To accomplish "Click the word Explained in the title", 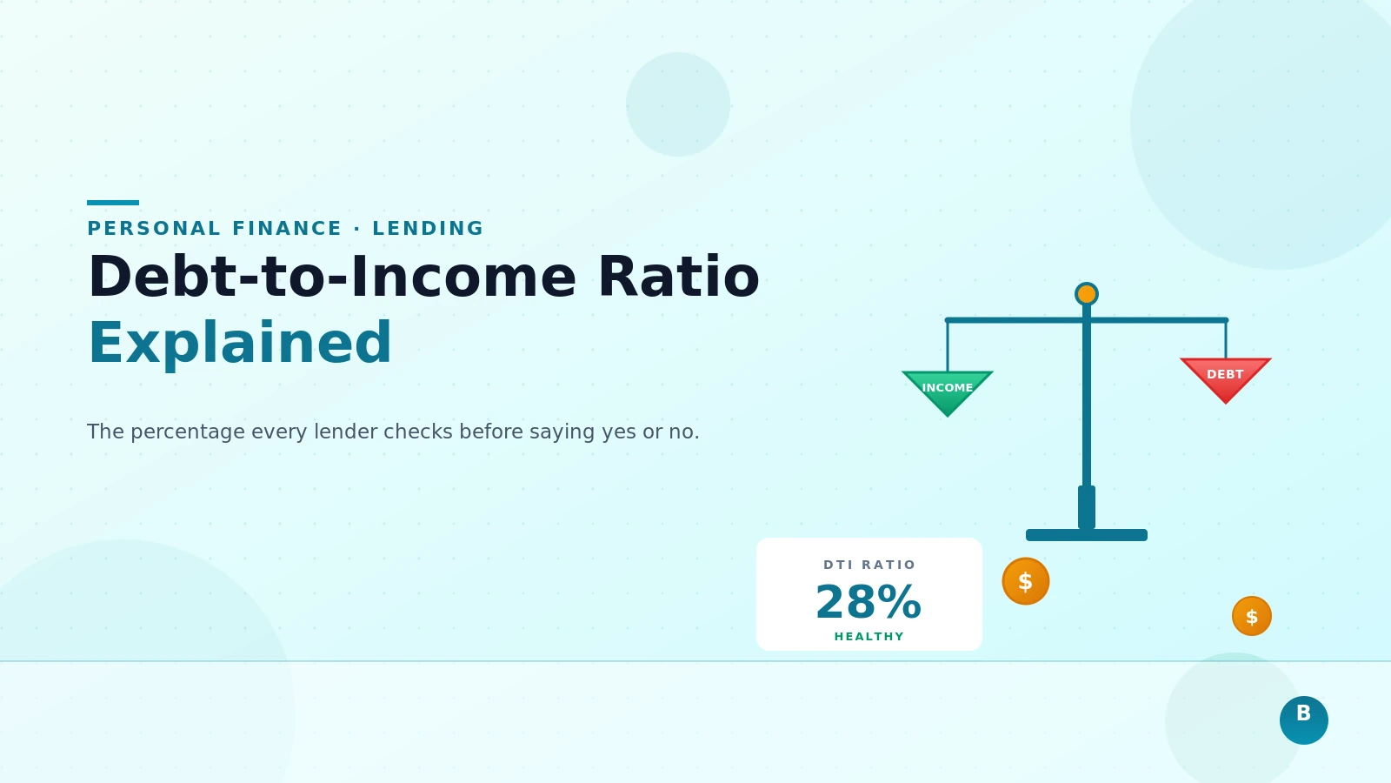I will tap(240, 343).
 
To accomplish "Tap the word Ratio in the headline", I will tap(678, 278).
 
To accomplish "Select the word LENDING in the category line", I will tap(428, 229).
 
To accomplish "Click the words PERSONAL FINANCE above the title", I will tap(215, 229).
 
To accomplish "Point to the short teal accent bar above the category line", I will tap(113, 203).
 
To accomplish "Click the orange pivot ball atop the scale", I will tap(1087, 294).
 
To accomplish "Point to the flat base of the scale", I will tap(1087, 535).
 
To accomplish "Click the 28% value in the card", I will tap(869, 602).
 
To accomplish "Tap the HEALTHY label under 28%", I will tap(869, 637).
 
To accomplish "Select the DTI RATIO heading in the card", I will tap(869, 565).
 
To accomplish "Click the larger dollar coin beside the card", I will tap(1026, 581).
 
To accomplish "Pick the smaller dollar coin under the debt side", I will tap(1252, 616).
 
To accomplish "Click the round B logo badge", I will tap(1304, 720).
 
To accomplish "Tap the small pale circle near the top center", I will tap(678, 104).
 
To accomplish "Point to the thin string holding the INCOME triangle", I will tap(948, 346).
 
